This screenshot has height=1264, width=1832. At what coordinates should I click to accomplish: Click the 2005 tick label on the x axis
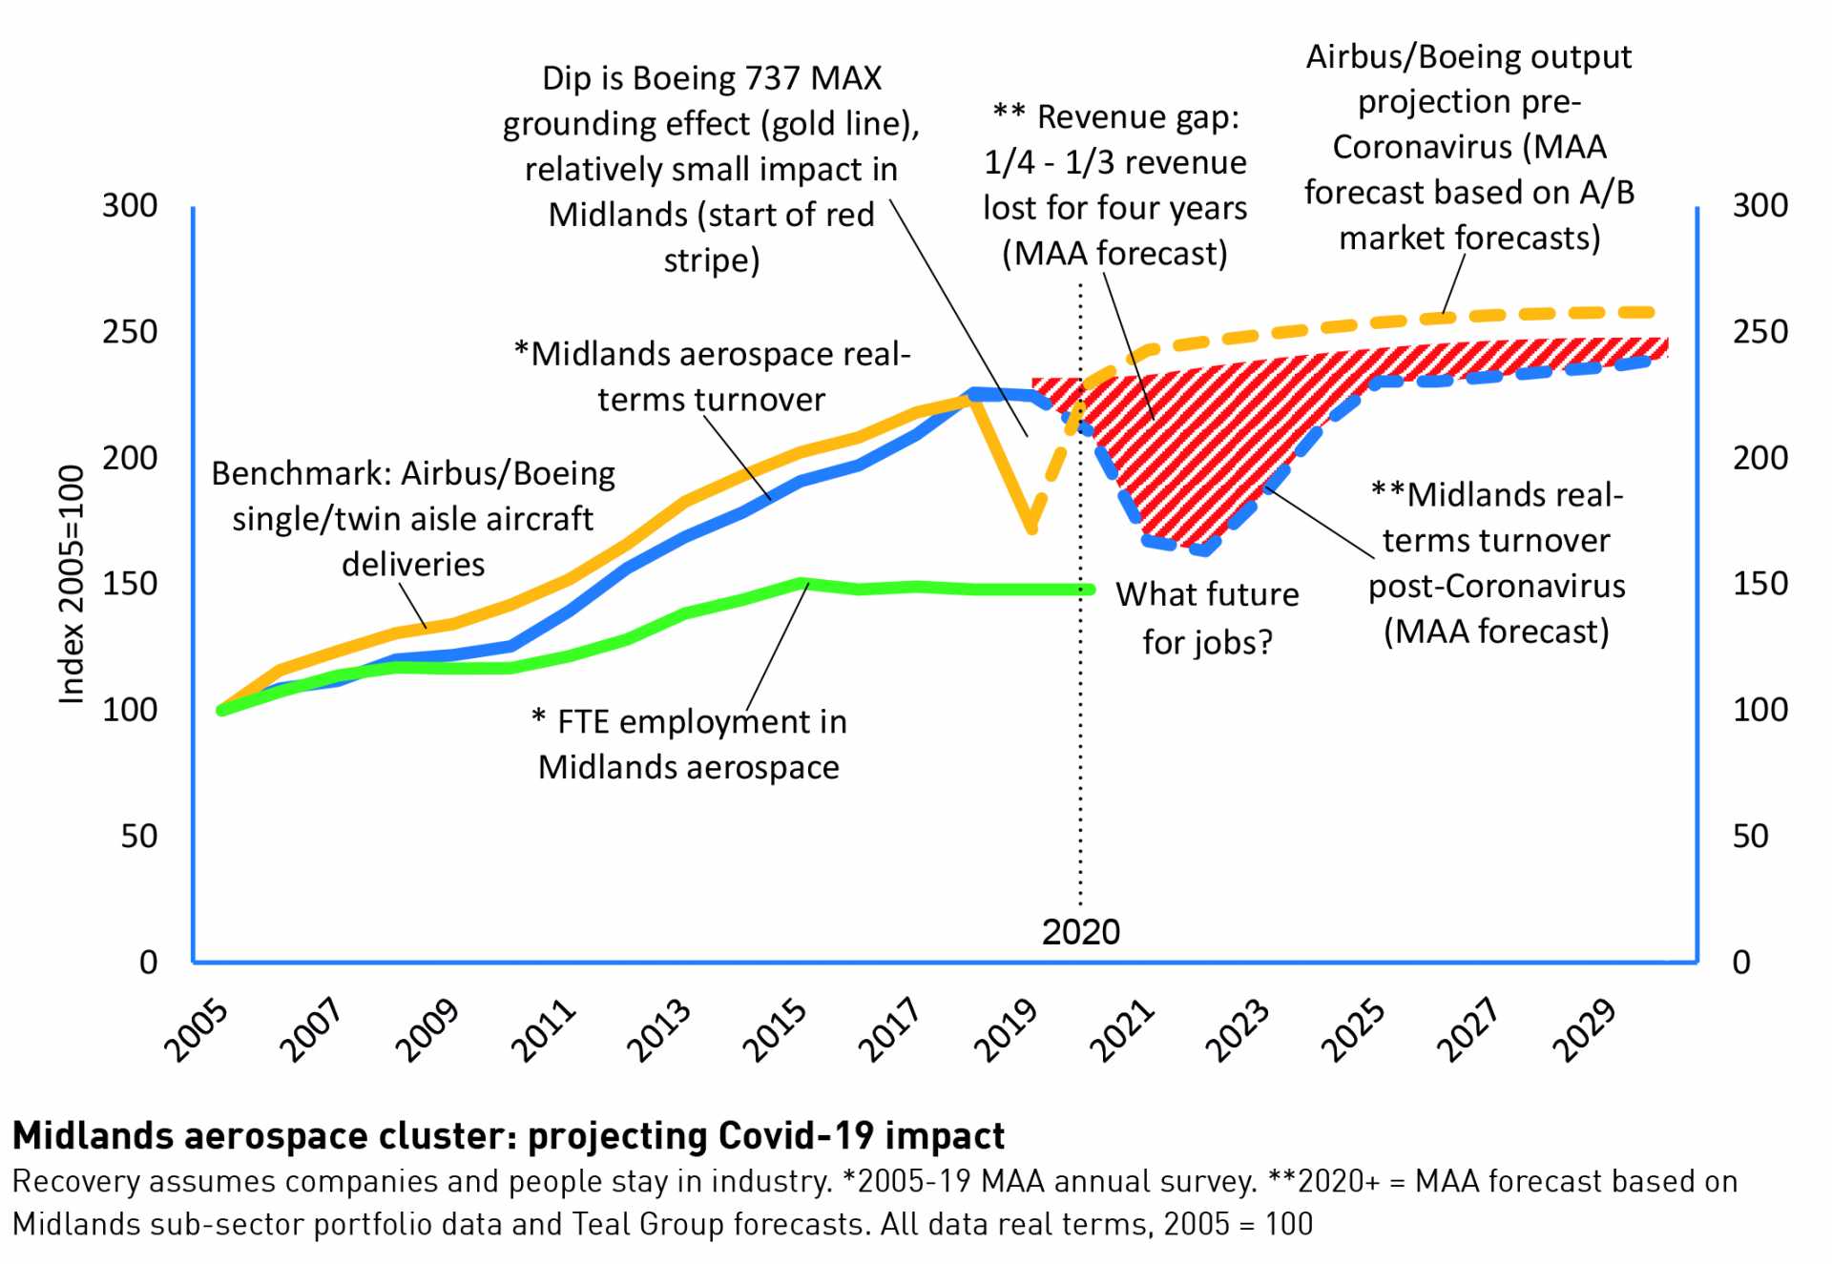click(x=197, y=1030)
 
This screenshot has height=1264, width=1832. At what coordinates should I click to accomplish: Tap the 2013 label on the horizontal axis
click(x=659, y=1030)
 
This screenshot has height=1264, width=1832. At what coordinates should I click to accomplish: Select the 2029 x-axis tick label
click(x=1585, y=1030)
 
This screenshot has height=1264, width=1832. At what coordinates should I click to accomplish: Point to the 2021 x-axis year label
click(x=1122, y=1030)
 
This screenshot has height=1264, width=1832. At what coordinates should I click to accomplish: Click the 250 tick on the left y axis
click(x=130, y=332)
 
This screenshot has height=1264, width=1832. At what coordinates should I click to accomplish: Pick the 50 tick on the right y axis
click(x=1750, y=837)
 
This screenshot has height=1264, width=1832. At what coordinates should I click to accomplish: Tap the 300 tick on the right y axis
click(x=1759, y=206)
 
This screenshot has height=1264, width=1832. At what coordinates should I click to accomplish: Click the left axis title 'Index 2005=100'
click(x=73, y=585)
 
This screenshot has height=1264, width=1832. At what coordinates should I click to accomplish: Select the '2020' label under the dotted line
click(x=1080, y=932)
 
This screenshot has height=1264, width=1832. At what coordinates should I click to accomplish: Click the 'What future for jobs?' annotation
click(x=1207, y=618)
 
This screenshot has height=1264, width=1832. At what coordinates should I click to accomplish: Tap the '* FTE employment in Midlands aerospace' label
click(x=689, y=744)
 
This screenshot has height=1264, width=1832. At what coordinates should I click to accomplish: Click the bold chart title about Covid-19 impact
click(x=508, y=1136)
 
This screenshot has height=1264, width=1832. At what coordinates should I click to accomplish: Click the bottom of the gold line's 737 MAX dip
click(x=1031, y=528)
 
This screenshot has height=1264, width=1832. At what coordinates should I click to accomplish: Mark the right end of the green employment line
click(x=1089, y=590)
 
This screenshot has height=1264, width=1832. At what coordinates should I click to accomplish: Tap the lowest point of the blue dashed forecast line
click(x=1204, y=549)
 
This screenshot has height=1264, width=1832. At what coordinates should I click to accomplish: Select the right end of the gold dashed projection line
click(x=1651, y=312)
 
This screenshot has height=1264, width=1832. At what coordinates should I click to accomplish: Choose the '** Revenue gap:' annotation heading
click(x=1115, y=117)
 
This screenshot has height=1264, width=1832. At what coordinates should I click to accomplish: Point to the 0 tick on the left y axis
click(x=148, y=963)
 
